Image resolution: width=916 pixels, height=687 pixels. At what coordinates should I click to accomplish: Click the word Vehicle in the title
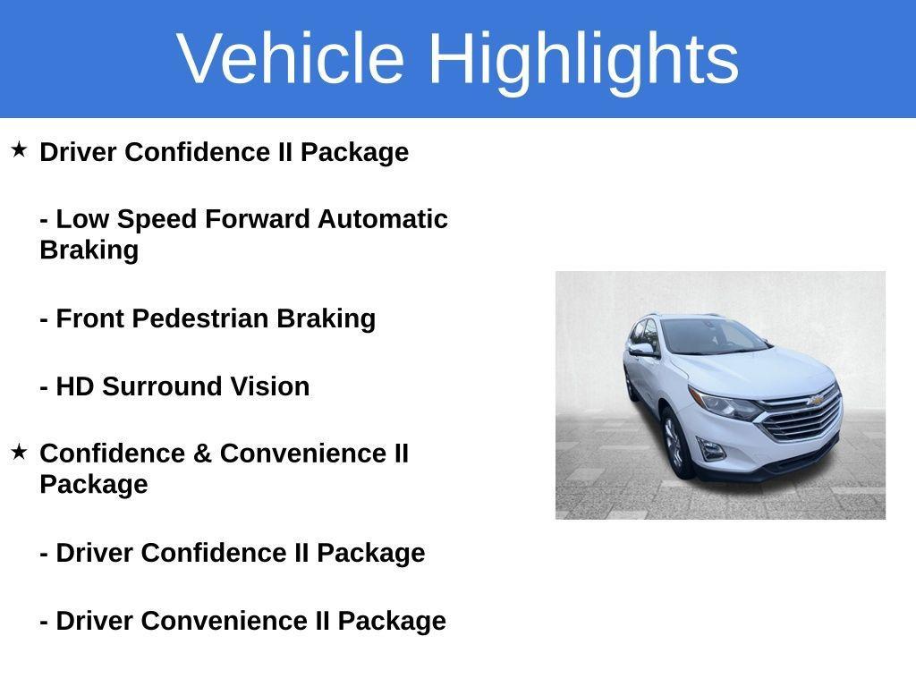(x=291, y=58)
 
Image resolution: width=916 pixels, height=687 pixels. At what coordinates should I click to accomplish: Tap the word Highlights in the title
(x=583, y=60)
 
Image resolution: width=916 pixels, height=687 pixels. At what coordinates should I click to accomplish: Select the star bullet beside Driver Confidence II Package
(x=19, y=149)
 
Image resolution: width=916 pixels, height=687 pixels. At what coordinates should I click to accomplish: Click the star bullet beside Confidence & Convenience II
(x=19, y=452)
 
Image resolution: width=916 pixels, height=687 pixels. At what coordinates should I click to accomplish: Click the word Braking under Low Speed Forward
(x=89, y=250)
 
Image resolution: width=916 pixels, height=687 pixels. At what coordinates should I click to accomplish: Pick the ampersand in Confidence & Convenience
(x=202, y=454)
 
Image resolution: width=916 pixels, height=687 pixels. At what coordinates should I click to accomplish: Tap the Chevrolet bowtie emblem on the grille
(x=816, y=400)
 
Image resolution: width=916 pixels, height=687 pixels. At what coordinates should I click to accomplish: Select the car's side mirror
(x=641, y=350)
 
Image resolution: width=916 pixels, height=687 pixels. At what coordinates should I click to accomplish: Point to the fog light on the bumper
(x=712, y=450)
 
